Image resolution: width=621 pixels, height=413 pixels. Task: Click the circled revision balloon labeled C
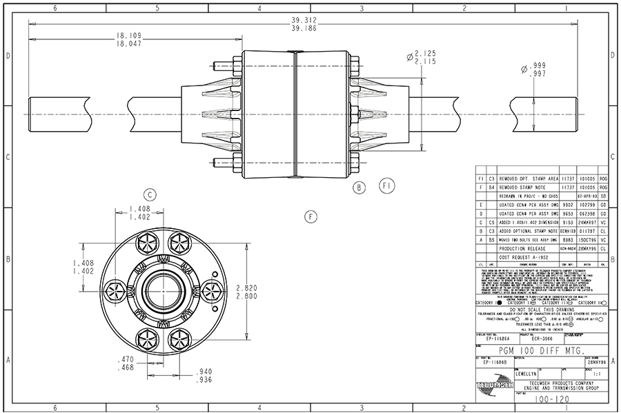tap(150, 194)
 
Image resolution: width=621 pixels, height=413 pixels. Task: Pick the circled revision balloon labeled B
tap(359, 187)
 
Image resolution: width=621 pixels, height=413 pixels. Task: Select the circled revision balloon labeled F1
tap(387, 186)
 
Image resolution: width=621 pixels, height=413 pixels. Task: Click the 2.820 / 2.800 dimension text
tap(248, 290)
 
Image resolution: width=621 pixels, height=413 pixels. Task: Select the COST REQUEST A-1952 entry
tap(525, 256)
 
